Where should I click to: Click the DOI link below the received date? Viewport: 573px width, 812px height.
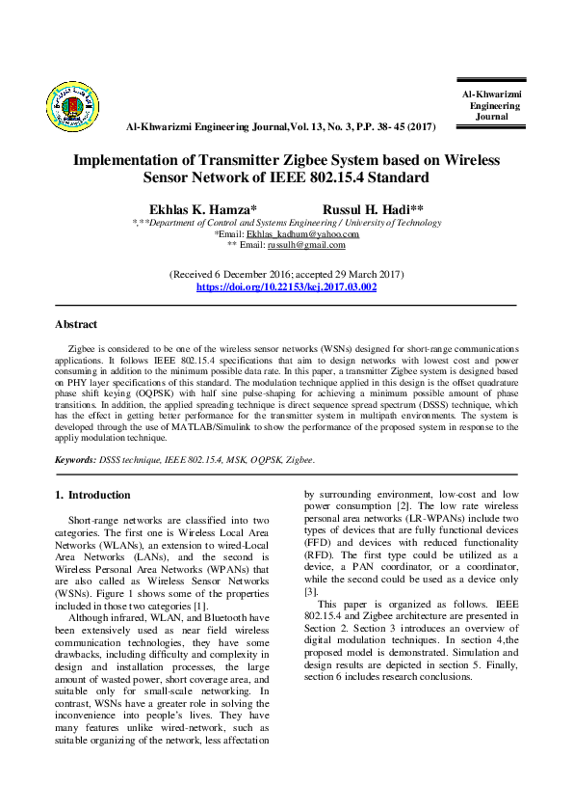286,287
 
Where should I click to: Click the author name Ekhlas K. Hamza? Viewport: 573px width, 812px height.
202,208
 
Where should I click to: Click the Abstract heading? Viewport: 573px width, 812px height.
76,324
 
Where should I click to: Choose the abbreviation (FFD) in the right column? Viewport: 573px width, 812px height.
319,543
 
